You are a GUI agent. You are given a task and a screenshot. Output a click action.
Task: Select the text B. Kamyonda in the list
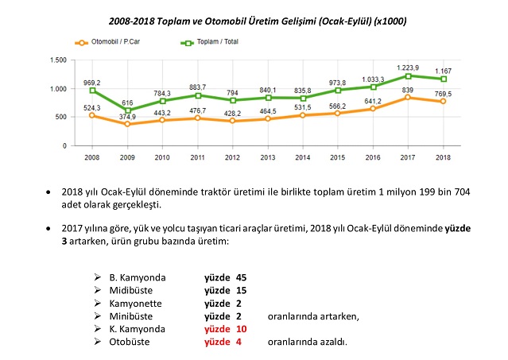coord(137,277)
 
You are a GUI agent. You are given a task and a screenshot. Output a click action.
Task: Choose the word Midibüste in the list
coord(131,290)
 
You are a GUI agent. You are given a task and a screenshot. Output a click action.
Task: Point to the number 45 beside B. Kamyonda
coord(242,277)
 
